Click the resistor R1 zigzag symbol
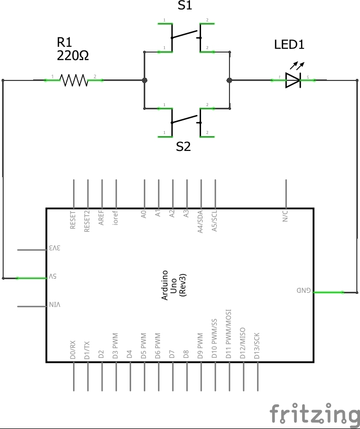pyautogui.click(x=74, y=80)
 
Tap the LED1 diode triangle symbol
pyautogui.click(x=293, y=80)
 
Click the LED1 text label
pyautogui.click(x=289, y=45)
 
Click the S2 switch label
pyautogui.click(x=183, y=147)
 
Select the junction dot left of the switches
pyautogui.click(x=144, y=80)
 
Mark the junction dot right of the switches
pyautogui.click(x=229, y=80)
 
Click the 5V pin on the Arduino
pyautogui.click(x=53, y=277)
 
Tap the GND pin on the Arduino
pyautogui.click(x=305, y=291)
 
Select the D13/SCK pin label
pyautogui.click(x=257, y=345)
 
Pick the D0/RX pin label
pyautogui.click(x=73, y=350)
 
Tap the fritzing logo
pyautogui.click(x=314, y=414)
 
